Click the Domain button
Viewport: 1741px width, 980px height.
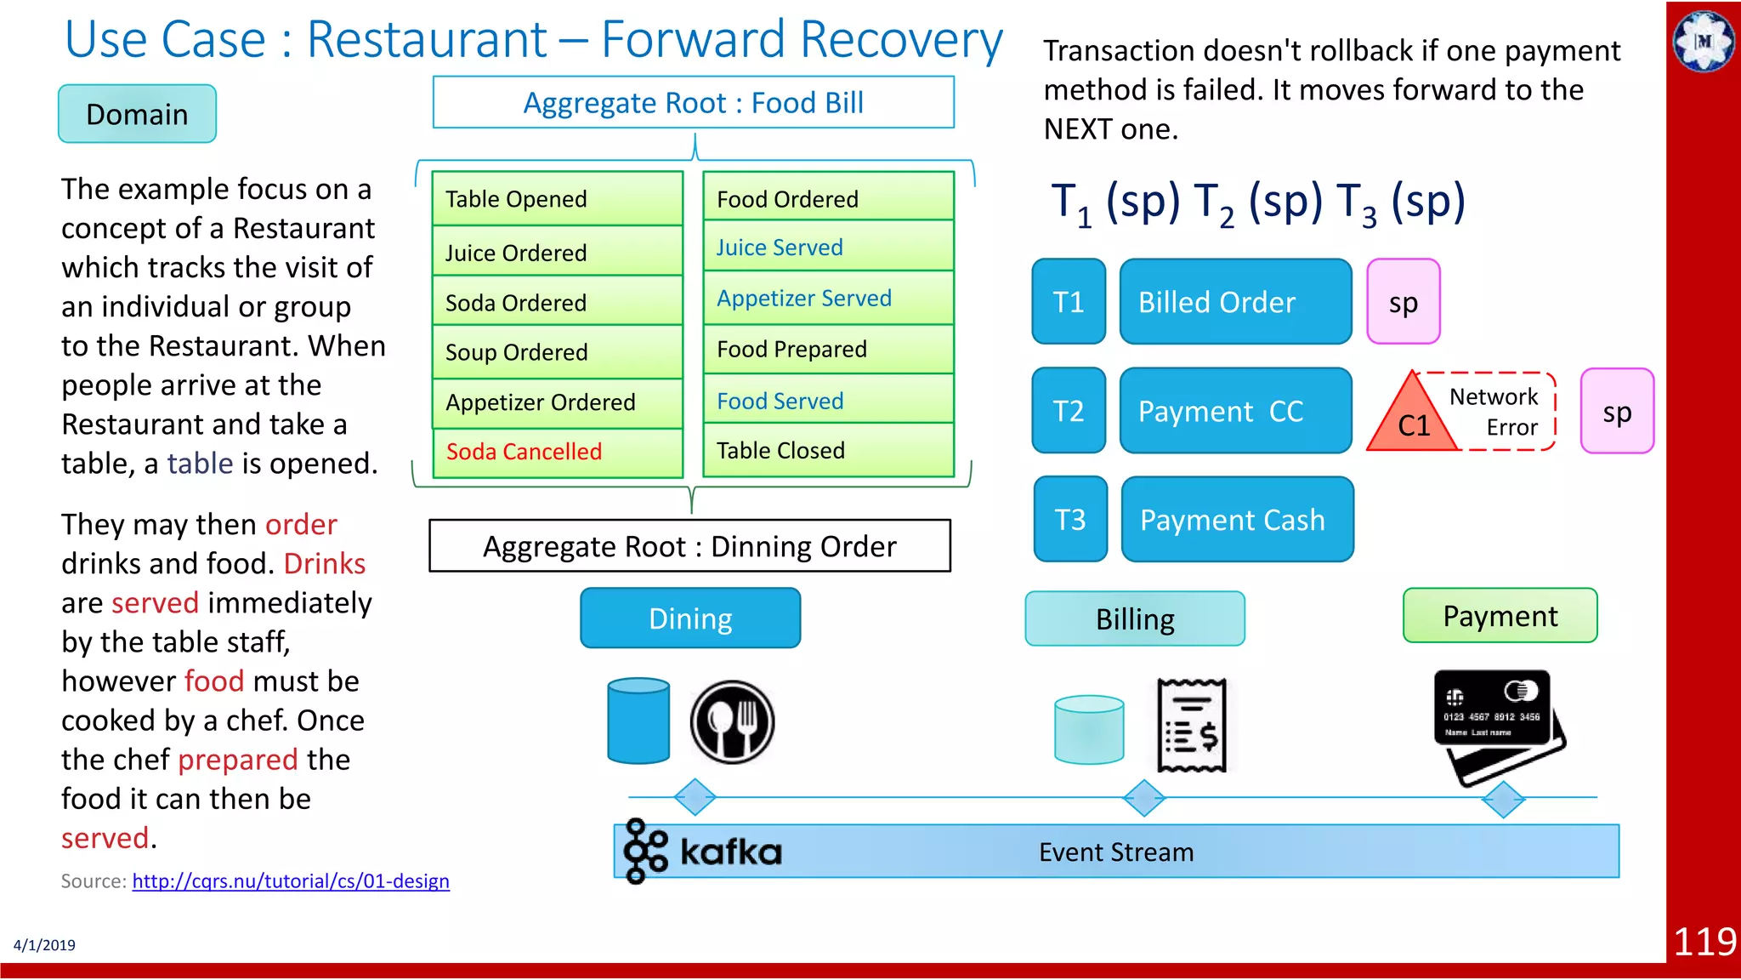click(137, 114)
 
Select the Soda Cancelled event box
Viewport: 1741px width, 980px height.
click(557, 452)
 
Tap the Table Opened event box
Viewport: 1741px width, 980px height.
click(557, 199)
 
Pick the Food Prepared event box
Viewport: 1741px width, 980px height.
click(828, 350)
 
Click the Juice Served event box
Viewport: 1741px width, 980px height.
click(828, 248)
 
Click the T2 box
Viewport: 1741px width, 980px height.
click(1069, 411)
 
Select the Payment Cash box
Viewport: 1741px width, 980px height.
click(1237, 520)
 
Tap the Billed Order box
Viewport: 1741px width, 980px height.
click(1235, 302)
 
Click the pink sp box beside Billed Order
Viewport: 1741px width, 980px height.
click(1403, 302)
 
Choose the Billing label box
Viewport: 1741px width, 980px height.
click(1135, 619)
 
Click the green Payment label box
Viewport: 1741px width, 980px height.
click(1500, 616)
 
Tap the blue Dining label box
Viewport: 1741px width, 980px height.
click(690, 618)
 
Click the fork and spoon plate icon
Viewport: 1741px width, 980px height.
click(732, 721)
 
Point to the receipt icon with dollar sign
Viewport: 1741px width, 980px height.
click(1192, 725)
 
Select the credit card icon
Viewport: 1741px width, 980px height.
click(1499, 723)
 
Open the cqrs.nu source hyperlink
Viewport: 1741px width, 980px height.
click(291, 881)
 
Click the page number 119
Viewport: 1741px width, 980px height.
click(1704, 942)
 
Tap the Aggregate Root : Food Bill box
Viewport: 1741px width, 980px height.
click(693, 103)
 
